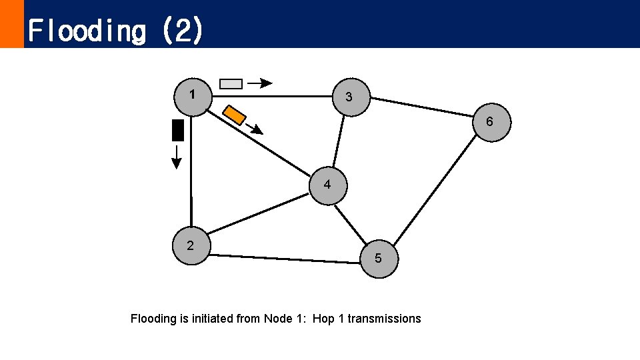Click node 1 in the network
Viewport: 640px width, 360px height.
[192, 96]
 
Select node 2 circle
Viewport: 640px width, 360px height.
[191, 246]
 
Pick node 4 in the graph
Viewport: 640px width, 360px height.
[327, 185]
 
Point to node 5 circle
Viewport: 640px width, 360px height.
[379, 258]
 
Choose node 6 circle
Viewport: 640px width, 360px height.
[490, 123]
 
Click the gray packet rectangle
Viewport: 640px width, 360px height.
[231, 83]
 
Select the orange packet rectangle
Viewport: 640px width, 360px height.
[234, 115]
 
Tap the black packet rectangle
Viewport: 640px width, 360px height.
[177, 130]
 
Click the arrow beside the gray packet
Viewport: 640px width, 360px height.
[260, 83]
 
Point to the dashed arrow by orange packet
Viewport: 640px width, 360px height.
[254, 129]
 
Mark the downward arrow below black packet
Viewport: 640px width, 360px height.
[177, 157]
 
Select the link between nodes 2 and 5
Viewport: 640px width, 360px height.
[285, 258]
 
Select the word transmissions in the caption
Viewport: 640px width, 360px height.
[384, 319]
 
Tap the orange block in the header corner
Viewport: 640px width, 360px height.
[11, 23]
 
